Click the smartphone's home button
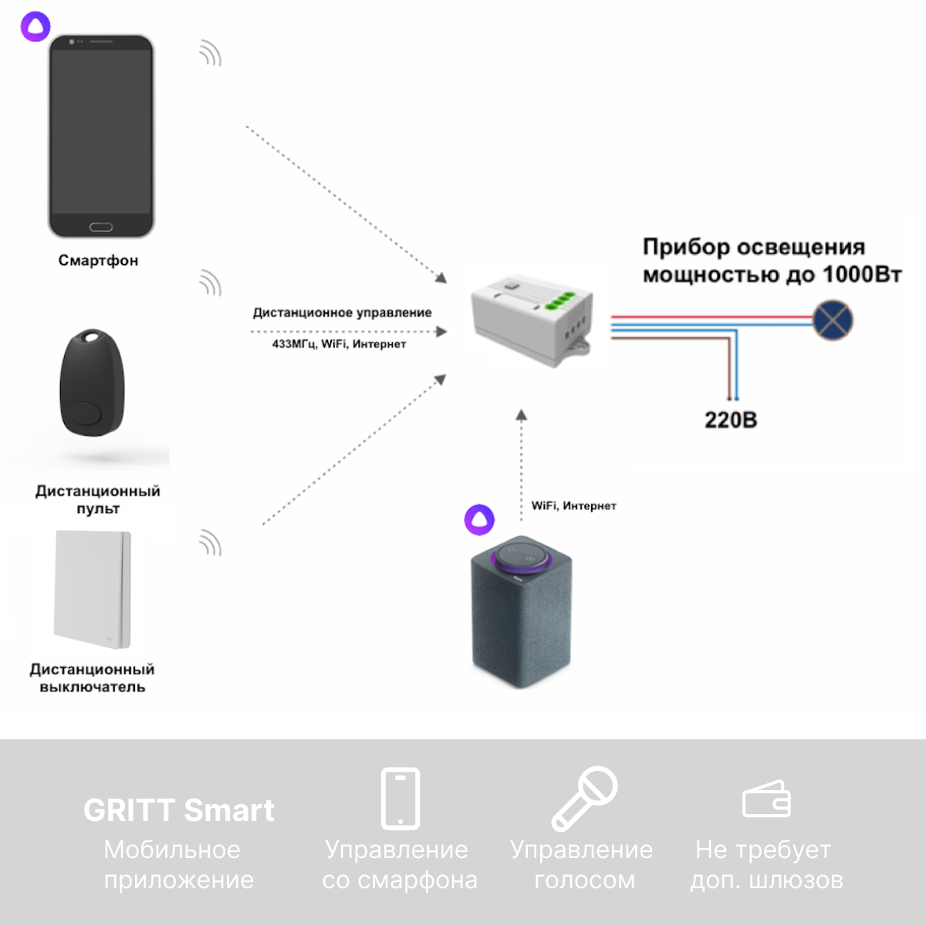(x=101, y=227)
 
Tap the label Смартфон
(x=98, y=261)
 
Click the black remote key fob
(x=92, y=384)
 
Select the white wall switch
(x=93, y=589)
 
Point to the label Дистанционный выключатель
(x=93, y=678)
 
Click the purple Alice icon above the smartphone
(x=35, y=26)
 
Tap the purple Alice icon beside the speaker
(x=479, y=519)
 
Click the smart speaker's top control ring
(x=521, y=556)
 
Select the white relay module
(x=532, y=318)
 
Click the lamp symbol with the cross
(x=833, y=319)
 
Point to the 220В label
(x=730, y=421)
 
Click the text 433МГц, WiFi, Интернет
(x=339, y=344)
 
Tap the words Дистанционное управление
(x=342, y=313)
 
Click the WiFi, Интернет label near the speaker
(x=573, y=506)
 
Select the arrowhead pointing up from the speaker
(x=522, y=415)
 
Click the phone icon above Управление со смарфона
(x=400, y=798)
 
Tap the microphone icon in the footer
(x=584, y=798)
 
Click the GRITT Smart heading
(x=178, y=810)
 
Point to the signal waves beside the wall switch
(x=210, y=542)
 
